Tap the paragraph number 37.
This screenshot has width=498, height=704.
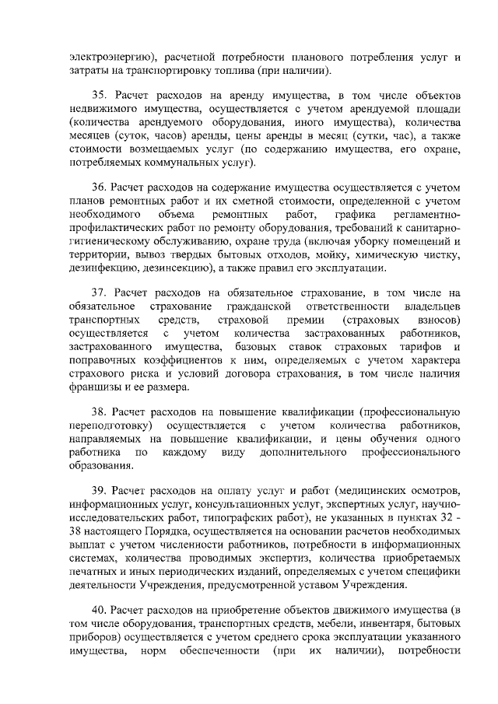(100, 292)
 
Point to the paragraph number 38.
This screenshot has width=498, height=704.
(100, 412)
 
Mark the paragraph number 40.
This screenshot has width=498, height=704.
(100, 608)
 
